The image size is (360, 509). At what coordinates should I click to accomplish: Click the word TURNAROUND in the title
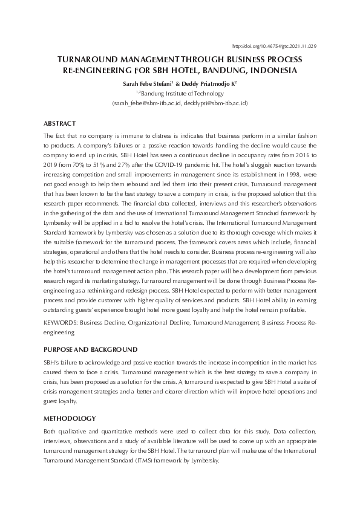[x=85, y=60]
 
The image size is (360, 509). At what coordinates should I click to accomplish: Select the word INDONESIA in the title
[x=273, y=71]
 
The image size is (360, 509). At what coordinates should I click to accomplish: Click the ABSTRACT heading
[x=60, y=123]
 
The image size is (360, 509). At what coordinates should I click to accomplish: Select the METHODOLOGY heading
[x=70, y=418]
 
